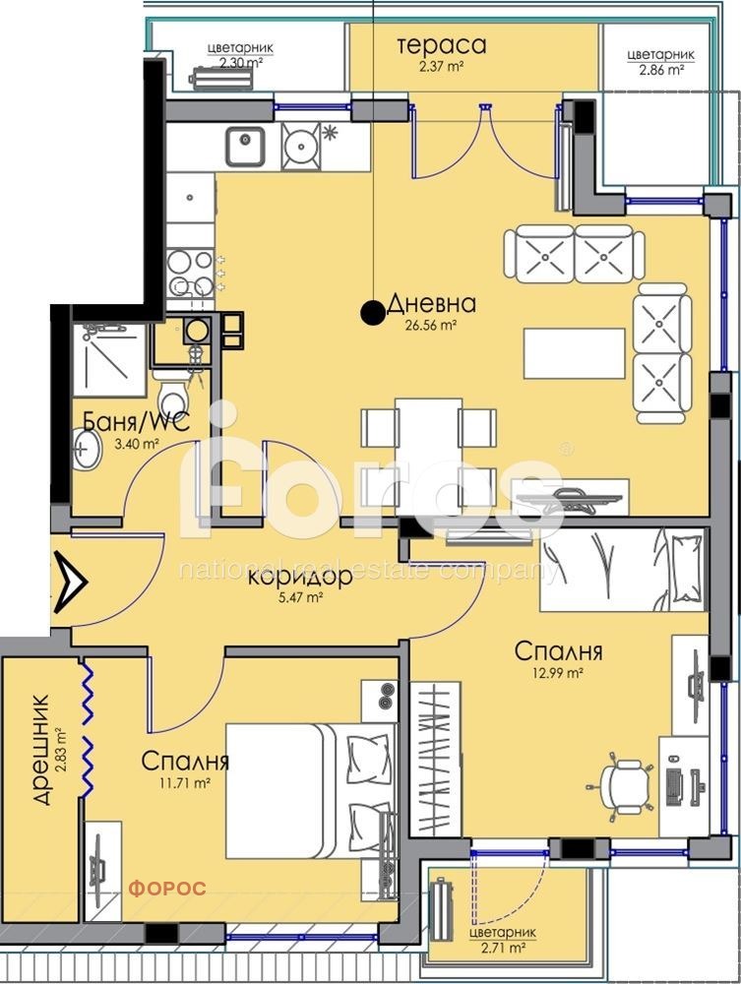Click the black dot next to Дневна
pos(372,313)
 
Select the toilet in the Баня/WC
pos(175,394)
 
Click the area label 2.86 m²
pos(661,70)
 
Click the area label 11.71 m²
pos(185,783)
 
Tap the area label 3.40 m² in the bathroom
pos(137,444)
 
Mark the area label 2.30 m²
pos(240,61)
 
